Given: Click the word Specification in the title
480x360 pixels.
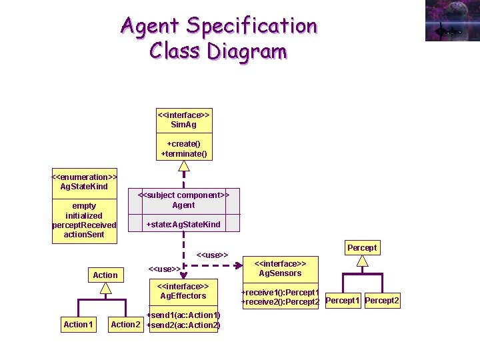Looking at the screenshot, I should (x=251, y=26).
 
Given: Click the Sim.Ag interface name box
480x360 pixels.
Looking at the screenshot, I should (x=183, y=119).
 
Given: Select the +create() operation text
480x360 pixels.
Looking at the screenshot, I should (x=184, y=143).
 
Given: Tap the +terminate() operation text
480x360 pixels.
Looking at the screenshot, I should (x=184, y=154).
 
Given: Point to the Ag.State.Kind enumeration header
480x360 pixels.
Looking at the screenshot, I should (x=84, y=181).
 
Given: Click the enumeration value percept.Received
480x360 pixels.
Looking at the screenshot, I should (x=84, y=225).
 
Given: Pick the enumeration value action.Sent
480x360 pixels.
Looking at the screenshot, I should (x=84, y=235).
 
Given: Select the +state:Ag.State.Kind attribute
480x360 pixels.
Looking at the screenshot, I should (x=183, y=225).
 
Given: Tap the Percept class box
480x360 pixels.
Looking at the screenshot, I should (x=362, y=247).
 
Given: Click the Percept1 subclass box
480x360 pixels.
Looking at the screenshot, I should (x=343, y=301).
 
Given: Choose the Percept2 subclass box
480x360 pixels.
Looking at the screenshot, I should (x=382, y=301).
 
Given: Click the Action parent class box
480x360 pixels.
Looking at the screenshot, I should (x=105, y=275).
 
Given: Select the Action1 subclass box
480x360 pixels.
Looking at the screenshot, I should (x=77, y=325).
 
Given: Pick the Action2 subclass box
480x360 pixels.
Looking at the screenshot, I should (x=125, y=325).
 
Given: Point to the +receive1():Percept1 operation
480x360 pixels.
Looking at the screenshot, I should (x=280, y=293).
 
